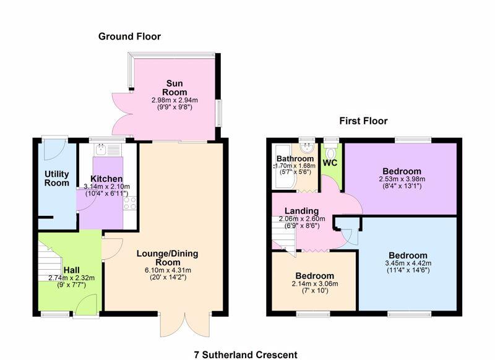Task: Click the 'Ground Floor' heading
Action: pos(129,36)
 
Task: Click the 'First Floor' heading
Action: pos(363,121)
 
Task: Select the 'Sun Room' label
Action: pos(174,87)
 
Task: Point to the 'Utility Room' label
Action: pos(56,178)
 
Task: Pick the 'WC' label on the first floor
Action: pos(330,163)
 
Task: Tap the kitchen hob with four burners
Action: pos(129,202)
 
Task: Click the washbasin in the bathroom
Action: pos(304,148)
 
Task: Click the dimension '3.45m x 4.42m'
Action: pos(408,263)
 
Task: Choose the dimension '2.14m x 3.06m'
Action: pos(314,284)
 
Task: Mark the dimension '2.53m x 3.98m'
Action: pos(402,179)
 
